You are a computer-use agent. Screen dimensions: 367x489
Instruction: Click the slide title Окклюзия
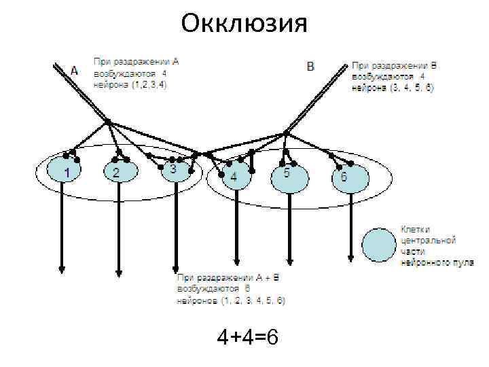coord(244,23)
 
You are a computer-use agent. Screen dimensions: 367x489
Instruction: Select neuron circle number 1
coord(65,172)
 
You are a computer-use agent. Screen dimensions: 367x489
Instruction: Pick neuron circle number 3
coord(175,170)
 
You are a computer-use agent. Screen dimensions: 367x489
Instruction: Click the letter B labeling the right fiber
coord(310,67)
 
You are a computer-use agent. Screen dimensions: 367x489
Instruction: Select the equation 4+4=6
coord(247,337)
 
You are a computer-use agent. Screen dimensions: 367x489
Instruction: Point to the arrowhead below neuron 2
coord(119,273)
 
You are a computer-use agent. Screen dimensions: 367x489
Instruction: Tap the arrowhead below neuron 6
coord(350,258)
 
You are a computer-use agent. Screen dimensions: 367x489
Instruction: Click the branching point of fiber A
coord(108,123)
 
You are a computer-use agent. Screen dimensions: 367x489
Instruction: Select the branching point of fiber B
coord(286,132)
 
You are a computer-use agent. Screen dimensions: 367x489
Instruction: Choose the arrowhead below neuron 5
coord(290,259)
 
